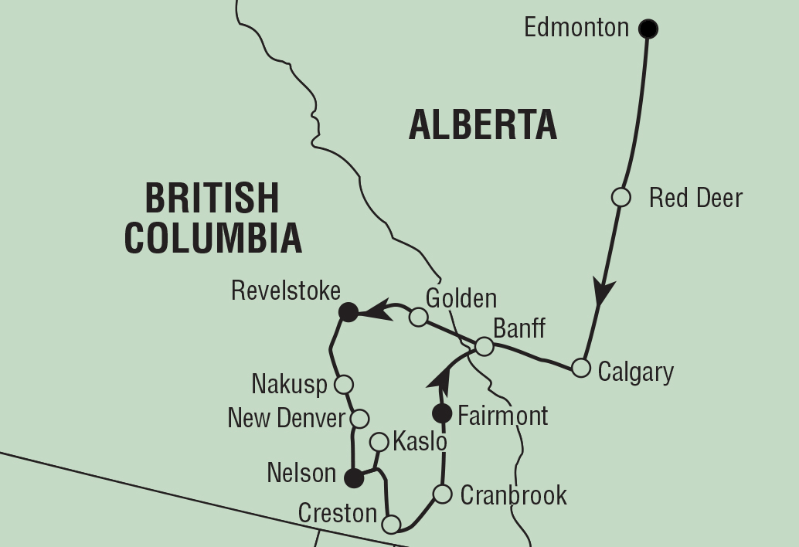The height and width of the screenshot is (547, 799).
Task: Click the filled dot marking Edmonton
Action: (648, 29)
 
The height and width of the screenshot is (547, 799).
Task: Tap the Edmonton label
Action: (576, 28)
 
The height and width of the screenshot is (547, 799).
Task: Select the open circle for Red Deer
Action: (621, 198)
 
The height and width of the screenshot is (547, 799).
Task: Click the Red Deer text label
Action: (695, 198)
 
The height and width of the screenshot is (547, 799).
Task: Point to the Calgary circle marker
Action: (581, 368)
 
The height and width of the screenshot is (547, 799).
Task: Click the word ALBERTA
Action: (483, 125)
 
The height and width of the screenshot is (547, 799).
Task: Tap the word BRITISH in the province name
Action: (212, 198)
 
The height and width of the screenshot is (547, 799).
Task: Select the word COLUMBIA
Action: (213, 238)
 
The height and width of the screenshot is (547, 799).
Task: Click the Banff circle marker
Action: (484, 346)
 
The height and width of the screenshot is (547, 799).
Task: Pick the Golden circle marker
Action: (418, 317)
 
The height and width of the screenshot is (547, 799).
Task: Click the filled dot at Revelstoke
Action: (348, 312)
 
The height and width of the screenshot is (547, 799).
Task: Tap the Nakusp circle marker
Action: (345, 384)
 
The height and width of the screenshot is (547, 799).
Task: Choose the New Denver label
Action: (286, 418)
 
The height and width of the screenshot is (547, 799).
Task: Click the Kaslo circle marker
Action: (379, 442)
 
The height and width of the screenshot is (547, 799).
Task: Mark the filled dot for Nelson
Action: (353, 478)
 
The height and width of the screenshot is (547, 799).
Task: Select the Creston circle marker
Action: (392, 525)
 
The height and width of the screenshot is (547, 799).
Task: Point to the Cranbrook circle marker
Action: (442, 494)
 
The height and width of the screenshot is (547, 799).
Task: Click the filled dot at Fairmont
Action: (442, 413)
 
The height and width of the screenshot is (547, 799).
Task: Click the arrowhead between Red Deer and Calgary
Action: (603, 291)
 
